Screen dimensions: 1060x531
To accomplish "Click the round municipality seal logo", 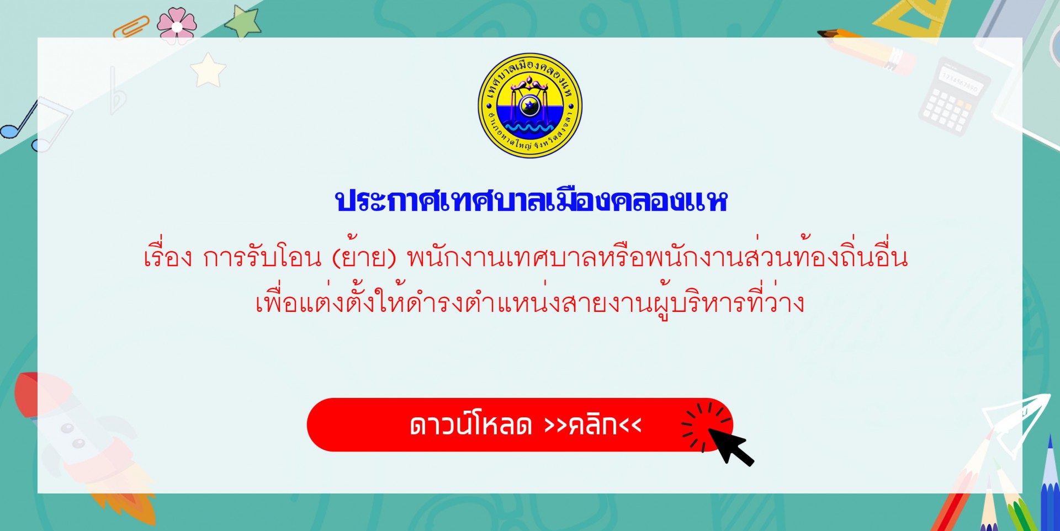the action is [x=530, y=105].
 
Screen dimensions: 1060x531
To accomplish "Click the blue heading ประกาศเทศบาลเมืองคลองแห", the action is [x=531, y=201].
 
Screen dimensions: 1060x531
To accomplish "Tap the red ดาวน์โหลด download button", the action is [x=520, y=425].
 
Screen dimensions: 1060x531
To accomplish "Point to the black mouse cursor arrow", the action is [x=730, y=446].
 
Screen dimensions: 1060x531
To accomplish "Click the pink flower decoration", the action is [x=177, y=25].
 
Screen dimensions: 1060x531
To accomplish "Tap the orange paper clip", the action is [x=131, y=28].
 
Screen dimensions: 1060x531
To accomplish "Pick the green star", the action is [x=243, y=22].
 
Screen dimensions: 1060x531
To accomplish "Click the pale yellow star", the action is [x=208, y=71].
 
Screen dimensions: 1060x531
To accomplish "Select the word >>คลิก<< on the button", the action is [x=592, y=425].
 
